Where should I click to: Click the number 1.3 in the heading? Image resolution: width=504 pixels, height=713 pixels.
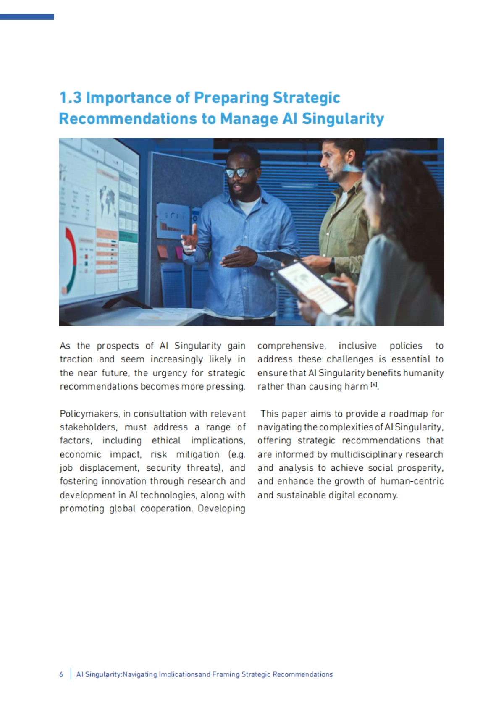(70, 98)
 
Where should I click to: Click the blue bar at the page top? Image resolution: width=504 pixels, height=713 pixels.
(27, 17)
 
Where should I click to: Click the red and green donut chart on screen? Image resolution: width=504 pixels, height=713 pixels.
(71, 260)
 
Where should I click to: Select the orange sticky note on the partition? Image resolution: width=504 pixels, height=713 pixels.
(163, 252)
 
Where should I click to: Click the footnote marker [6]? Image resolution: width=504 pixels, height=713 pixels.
(374, 385)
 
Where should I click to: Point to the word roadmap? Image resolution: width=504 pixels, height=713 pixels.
(408, 414)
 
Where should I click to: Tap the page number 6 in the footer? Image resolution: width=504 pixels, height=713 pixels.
(61, 674)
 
